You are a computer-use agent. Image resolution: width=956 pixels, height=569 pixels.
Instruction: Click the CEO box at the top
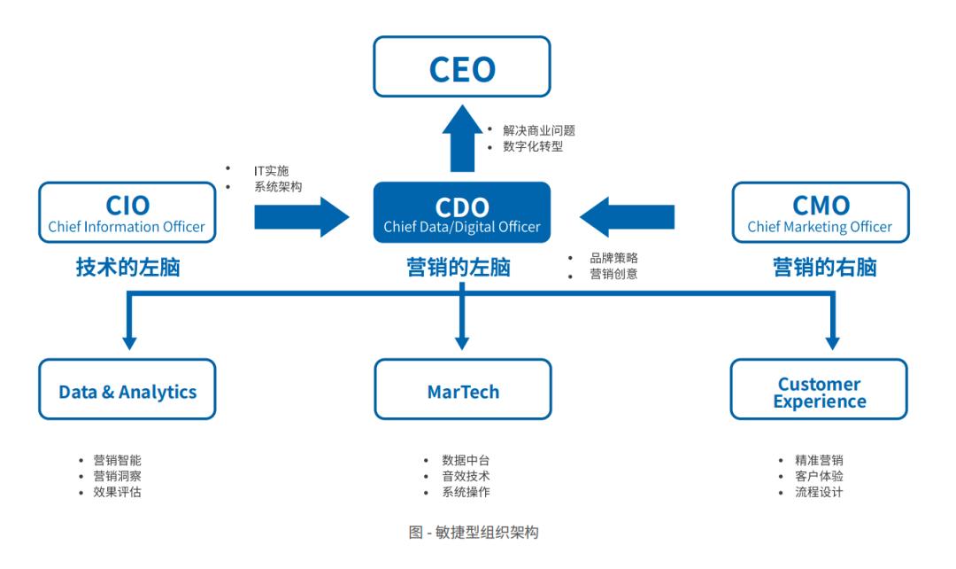pyautogui.click(x=461, y=67)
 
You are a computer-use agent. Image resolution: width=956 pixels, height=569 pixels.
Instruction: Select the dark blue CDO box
pyautogui.click(x=461, y=213)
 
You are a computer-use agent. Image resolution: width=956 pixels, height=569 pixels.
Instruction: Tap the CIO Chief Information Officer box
pyautogui.click(x=127, y=213)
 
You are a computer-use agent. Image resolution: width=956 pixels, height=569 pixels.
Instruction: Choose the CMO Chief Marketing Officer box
pyautogui.click(x=820, y=213)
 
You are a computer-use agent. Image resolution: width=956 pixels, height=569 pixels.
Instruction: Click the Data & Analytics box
pyautogui.click(x=127, y=390)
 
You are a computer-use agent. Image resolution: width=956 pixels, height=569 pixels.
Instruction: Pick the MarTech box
pyautogui.click(x=462, y=390)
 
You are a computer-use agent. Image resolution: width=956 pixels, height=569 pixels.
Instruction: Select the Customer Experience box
pyautogui.click(x=819, y=391)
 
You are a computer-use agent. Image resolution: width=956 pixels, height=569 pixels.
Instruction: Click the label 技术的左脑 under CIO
pyautogui.click(x=127, y=268)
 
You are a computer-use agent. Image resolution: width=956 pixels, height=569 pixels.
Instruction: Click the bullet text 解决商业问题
pyautogui.click(x=538, y=130)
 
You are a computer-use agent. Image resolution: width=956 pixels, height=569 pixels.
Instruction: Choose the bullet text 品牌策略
pyautogui.click(x=613, y=258)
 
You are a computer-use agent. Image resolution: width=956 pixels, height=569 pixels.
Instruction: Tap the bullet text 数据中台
pyautogui.click(x=466, y=460)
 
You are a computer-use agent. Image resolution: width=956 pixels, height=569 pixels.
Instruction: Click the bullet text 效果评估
pyautogui.click(x=117, y=492)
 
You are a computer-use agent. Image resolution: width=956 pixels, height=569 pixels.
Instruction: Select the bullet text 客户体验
pyautogui.click(x=819, y=476)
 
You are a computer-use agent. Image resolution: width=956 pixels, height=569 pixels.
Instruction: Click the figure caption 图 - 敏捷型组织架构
pyautogui.click(x=474, y=533)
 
